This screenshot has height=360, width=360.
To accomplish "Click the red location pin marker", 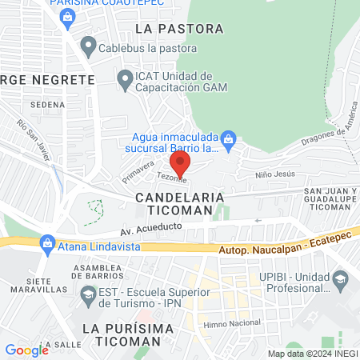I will coord(180,164).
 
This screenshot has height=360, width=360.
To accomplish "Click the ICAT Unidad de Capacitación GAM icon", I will coord(125,78).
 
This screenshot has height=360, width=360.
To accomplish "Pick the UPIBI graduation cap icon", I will coord(341,278).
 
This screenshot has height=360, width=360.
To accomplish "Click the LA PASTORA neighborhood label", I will coord(179,29).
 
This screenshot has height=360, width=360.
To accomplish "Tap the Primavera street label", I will coord(137,169).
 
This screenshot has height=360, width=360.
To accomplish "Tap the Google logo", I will coord(26,350).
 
